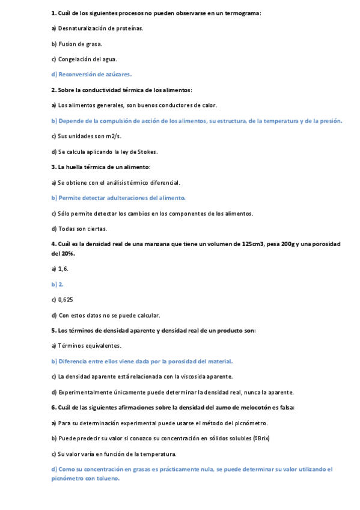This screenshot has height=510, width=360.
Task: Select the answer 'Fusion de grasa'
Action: click(x=80, y=44)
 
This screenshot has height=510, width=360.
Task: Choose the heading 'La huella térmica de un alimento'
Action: click(x=103, y=167)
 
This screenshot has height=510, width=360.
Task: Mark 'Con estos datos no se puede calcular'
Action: click(x=108, y=315)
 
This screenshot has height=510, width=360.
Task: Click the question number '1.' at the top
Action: click(x=53, y=13)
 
